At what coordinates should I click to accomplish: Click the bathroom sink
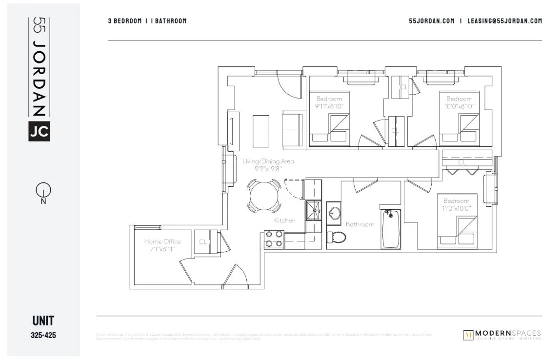pyautogui.click(x=335, y=213)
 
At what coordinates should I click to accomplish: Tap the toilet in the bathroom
pyautogui.click(x=337, y=237)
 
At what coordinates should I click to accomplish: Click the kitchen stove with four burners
pyautogui.click(x=274, y=239)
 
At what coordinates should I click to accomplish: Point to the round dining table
pyautogui.click(x=264, y=197)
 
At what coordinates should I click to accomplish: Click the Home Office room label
pyautogui.click(x=162, y=241)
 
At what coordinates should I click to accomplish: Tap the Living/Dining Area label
pyautogui.click(x=268, y=161)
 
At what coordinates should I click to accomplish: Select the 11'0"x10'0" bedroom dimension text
pyautogui.click(x=456, y=208)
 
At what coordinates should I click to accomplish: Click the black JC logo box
pyautogui.click(x=39, y=130)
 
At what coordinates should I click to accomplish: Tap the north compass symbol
pyautogui.click(x=43, y=192)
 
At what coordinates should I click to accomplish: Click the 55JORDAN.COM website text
pyautogui.click(x=431, y=21)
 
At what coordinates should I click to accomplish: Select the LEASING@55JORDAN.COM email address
pyautogui.click(x=504, y=21)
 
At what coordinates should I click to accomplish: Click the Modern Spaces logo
pyautogui.click(x=502, y=335)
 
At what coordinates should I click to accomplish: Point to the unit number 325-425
pyautogui.click(x=43, y=336)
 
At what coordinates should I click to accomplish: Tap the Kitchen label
pyautogui.click(x=284, y=220)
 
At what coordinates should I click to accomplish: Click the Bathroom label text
pyautogui.click(x=360, y=224)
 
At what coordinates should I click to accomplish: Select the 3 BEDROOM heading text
pyautogui.click(x=125, y=21)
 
